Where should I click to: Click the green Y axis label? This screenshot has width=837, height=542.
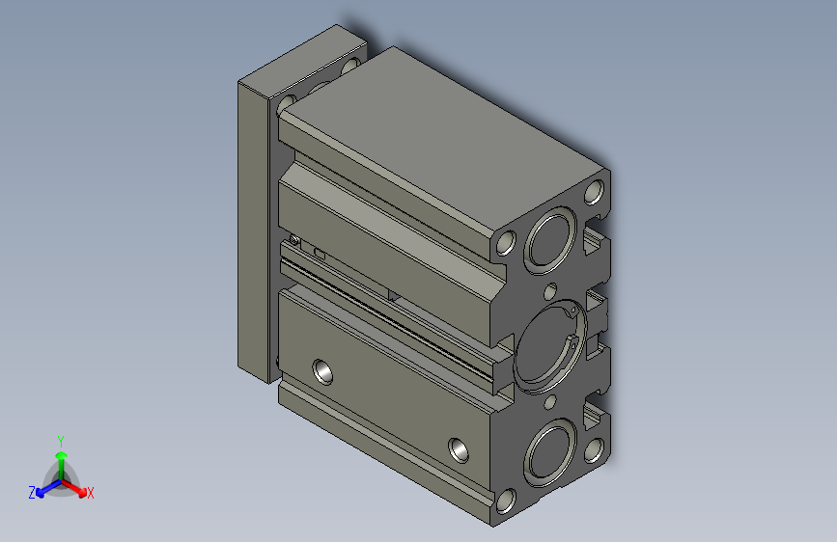coord(60,439)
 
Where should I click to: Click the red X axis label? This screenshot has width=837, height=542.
coord(91,493)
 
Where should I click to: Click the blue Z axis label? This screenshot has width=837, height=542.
coord(31,492)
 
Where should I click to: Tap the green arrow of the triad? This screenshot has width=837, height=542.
coord(60,454)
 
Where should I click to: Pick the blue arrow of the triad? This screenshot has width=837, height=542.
coord(42,488)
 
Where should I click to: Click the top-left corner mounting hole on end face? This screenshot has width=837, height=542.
coord(504,242)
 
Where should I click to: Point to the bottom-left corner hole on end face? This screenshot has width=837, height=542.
coord(504,500)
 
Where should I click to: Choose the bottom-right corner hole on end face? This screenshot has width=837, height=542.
coord(597,448)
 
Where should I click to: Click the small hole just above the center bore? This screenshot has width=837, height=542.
coord(550,290)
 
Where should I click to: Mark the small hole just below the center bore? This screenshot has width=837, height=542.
coord(550,399)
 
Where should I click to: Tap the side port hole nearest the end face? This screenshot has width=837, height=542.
coord(460,447)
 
